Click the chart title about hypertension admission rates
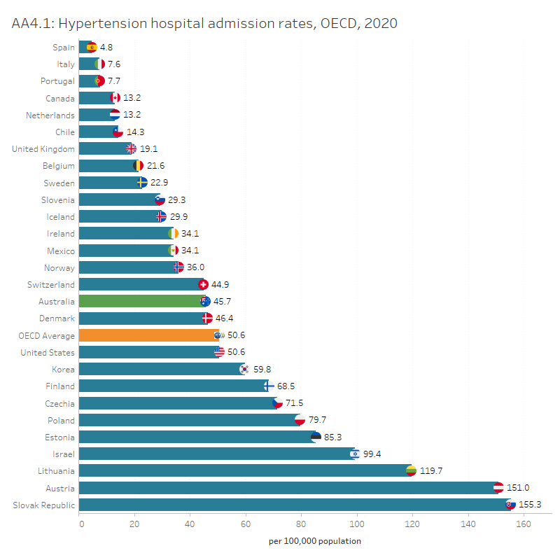pyautogui.click(x=204, y=24)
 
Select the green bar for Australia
pyautogui.click(x=140, y=302)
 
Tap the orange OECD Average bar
pyautogui.click(x=147, y=335)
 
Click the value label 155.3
pyautogui.click(x=530, y=505)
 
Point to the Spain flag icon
pyautogui.click(x=92, y=48)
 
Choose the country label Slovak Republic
pyautogui.click(x=44, y=505)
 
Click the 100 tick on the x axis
pyautogui.click(x=357, y=523)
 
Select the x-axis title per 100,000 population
pyautogui.click(x=315, y=541)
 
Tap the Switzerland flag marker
pyautogui.click(x=204, y=285)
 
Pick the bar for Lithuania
pyautogui.click(x=245, y=470)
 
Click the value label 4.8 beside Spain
pyautogui.click(x=106, y=48)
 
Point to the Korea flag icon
pyautogui.click(x=244, y=369)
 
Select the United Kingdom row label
pyautogui.click(x=43, y=149)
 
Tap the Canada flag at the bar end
pyautogui.click(x=115, y=98)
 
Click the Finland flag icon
pyautogui.click(x=268, y=386)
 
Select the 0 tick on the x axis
pyautogui.click(x=80, y=523)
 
